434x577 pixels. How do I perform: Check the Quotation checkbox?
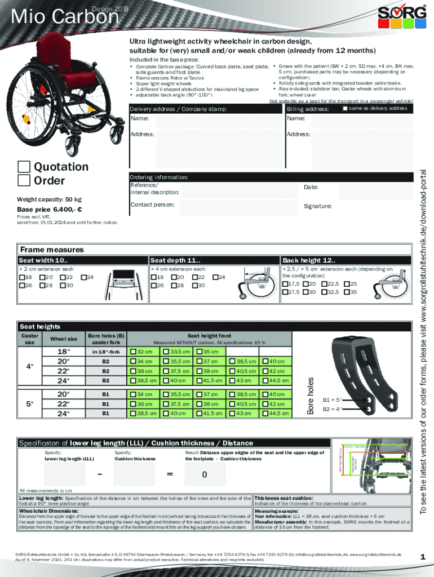coord(24,167)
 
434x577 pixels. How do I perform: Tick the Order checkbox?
coord(24,180)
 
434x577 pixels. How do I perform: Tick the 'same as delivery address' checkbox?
coord(344,108)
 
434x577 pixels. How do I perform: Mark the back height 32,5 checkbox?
coord(324,292)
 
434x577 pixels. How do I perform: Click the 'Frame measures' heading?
coord(51,250)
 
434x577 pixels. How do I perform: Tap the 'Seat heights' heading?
coord(40,327)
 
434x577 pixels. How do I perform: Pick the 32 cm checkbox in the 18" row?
coord(133,352)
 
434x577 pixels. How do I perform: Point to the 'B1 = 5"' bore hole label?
coord(331,400)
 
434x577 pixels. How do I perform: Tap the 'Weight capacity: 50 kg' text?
coord(49,199)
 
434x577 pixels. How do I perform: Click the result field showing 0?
coord(205,474)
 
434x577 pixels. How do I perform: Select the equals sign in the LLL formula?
coord(170,474)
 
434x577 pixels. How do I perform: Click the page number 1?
coord(422,557)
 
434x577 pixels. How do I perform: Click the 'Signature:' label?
coord(317,206)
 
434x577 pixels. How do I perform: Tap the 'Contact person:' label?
coord(152,205)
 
